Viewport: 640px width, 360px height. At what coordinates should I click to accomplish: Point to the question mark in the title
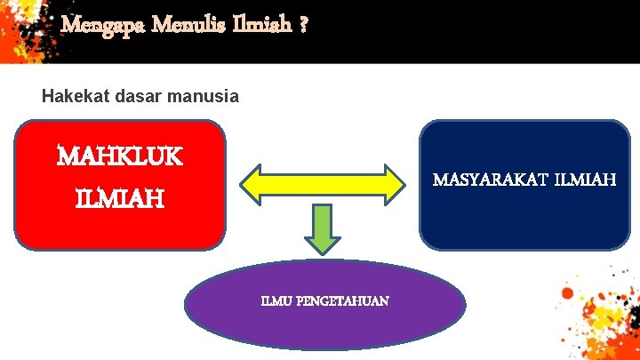pos(304,26)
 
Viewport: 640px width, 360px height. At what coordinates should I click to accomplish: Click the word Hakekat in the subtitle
pos(76,95)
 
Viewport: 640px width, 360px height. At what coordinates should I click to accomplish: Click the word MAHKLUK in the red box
pos(119,157)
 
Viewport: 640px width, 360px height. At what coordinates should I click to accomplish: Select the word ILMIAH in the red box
pos(119,197)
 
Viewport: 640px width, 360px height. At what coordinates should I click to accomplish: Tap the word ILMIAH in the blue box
pos(584,180)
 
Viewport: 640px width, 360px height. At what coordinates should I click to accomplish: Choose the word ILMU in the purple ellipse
pos(276,301)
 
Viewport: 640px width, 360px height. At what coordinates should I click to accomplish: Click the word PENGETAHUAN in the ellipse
pos(341,301)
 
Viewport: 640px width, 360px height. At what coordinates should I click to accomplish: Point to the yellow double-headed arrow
pos(324,182)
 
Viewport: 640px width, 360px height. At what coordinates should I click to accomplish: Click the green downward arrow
pos(324,230)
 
